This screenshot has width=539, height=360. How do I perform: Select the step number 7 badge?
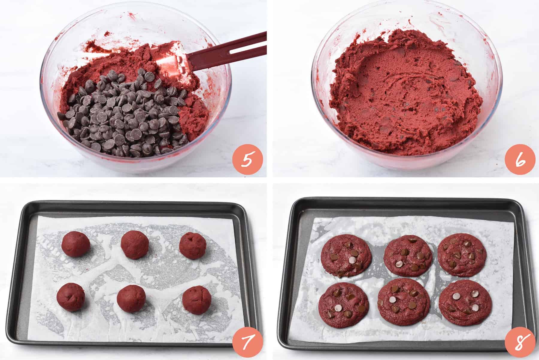pyautogui.click(x=248, y=341)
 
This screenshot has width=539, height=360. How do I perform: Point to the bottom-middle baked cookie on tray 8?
pyautogui.click(x=404, y=303)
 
